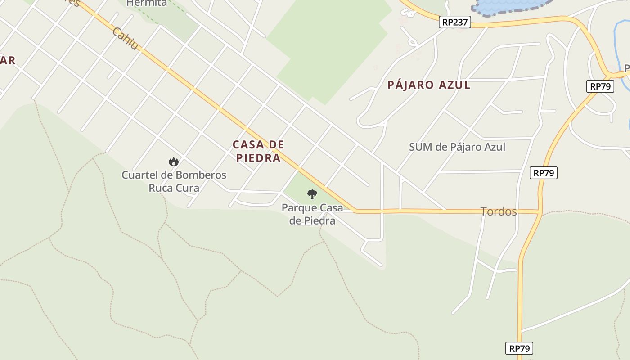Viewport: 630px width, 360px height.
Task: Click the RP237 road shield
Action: [x=455, y=22]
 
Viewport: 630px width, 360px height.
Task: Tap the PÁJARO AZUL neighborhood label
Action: [x=429, y=85]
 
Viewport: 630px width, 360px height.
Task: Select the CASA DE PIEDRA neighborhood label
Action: [x=258, y=151]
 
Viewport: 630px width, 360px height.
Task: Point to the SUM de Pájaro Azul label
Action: [x=457, y=147]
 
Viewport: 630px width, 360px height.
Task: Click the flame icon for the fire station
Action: [x=174, y=162]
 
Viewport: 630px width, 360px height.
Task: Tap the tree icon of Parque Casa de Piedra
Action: [x=312, y=194]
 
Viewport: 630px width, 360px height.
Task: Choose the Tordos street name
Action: [x=499, y=211]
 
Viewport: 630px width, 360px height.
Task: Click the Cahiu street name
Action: [x=125, y=38]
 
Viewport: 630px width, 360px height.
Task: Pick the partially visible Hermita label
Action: [x=146, y=4]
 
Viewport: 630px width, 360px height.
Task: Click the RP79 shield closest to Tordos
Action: [x=544, y=173]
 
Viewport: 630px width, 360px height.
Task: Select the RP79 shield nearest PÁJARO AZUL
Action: [x=600, y=86]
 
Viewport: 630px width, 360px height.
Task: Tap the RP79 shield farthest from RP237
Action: [x=519, y=348]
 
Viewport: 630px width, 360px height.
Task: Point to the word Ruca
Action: [x=162, y=188]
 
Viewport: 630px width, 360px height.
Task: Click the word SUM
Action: [x=419, y=147]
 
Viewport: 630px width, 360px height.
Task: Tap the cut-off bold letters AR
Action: [x=8, y=60]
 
